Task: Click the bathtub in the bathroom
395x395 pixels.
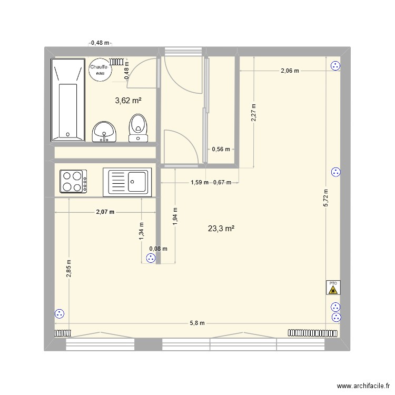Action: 68,100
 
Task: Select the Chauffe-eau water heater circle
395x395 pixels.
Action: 100,70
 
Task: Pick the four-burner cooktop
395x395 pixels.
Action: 74,182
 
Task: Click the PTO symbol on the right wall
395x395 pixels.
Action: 333,287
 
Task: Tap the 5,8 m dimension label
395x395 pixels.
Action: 198,323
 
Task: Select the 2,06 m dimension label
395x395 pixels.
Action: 290,71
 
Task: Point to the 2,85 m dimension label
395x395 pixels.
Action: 68,269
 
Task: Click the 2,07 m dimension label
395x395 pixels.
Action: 105,212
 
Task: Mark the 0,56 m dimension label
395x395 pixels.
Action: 221,149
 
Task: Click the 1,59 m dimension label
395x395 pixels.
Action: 199,183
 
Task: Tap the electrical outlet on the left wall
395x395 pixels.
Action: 59,314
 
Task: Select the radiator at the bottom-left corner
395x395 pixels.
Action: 62,333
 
